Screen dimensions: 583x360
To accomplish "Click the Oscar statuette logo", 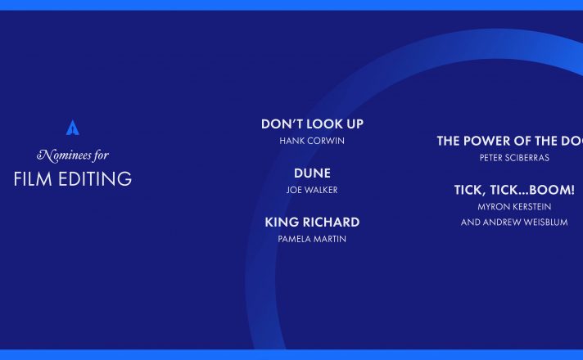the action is [x=73, y=128].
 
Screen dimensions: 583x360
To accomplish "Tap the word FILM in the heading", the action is [x=33, y=179].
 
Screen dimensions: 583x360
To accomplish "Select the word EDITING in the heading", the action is [x=95, y=179].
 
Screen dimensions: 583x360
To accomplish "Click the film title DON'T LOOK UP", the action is [x=312, y=124].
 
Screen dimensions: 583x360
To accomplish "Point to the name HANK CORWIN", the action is [x=312, y=141].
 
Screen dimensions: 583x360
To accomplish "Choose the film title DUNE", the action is [x=312, y=173].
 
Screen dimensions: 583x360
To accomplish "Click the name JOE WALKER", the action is [x=312, y=190].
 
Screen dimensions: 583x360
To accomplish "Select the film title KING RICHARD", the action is [x=312, y=223].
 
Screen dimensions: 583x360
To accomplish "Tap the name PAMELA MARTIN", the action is [x=312, y=239].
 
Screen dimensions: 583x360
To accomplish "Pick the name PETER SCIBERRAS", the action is [x=514, y=158].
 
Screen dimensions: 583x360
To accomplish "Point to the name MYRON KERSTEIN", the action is [x=514, y=206].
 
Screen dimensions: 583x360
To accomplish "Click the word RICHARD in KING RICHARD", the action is [x=332, y=223].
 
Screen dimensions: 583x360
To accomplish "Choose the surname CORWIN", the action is [x=327, y=141].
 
